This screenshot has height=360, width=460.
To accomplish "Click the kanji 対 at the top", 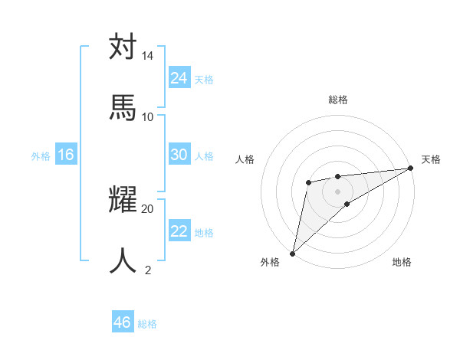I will [123, 47].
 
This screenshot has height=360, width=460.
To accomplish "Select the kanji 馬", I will [123, 107].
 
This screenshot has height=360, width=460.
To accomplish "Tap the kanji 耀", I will [123, 199].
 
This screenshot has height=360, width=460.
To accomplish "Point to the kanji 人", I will [123, 260].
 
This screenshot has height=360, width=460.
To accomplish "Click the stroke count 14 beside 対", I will [147, 56].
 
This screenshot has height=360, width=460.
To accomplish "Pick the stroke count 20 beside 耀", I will [147, 208].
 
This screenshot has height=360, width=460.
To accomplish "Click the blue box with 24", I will [179, 78].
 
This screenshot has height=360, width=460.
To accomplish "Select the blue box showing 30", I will [179, 155].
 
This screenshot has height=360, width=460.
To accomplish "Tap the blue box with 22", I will [179, 231].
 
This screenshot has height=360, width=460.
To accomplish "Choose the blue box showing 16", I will [66, 155].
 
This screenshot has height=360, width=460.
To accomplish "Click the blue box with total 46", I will [123, 322].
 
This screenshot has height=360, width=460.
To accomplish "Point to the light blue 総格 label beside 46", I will [147, 324].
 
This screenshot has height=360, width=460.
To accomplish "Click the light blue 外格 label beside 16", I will [41, 156].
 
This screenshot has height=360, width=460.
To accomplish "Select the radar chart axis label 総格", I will [338, 100].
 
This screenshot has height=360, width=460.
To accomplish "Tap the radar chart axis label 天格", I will [431, 159].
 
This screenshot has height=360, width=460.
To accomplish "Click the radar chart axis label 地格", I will [402, 263].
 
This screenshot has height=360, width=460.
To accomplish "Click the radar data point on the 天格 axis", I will [411, 169].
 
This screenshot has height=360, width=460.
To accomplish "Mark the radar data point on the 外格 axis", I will [292, 254].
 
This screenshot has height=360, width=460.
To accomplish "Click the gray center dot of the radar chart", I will [338, 191].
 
